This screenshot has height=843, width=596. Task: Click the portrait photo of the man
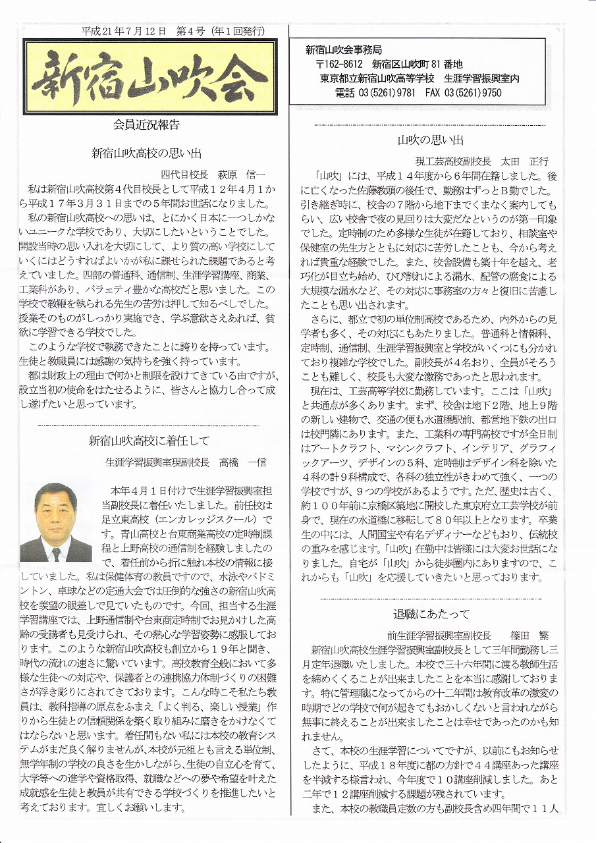[56, 522]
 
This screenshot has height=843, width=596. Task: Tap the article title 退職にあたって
[431, 614]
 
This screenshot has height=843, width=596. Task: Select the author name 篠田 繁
[529, 636]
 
